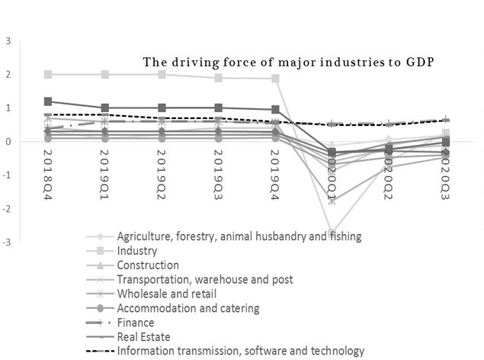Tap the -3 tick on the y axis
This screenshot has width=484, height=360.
7,243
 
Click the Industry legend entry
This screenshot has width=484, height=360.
138,250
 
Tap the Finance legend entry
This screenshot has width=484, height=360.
136,323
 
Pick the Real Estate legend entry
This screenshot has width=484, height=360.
143,337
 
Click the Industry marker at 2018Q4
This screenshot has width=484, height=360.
49,75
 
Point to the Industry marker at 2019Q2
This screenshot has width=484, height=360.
162,75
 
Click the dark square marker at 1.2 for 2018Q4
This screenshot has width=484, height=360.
49,101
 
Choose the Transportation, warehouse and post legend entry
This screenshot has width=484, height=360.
205,279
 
